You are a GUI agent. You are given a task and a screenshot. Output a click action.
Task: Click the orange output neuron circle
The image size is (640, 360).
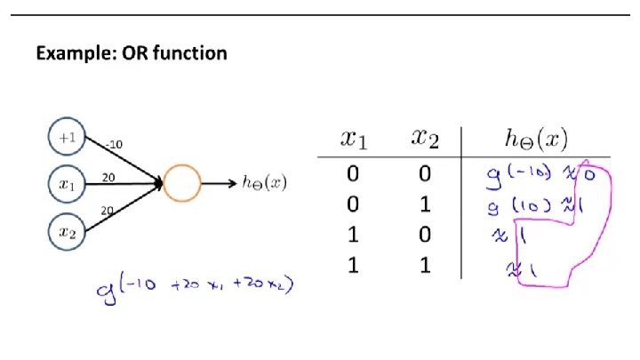coord(182,184)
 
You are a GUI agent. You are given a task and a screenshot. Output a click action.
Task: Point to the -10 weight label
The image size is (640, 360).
coord(114,145)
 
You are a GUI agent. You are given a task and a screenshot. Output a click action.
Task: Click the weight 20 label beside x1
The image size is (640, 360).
coord(110,176)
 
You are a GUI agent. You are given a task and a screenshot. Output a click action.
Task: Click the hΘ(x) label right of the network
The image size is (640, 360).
coord(264,184)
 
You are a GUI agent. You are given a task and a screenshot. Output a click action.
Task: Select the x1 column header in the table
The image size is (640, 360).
coord(353,139)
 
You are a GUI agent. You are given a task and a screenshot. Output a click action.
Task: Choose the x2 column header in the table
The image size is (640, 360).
coord(424,139)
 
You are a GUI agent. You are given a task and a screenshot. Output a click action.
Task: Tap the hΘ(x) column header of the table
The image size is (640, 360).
coord(535,139)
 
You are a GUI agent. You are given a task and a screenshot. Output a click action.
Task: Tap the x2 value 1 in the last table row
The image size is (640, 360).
coord(425,265)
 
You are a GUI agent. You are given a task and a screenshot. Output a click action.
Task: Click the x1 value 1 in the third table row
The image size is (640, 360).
coord(354,235)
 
